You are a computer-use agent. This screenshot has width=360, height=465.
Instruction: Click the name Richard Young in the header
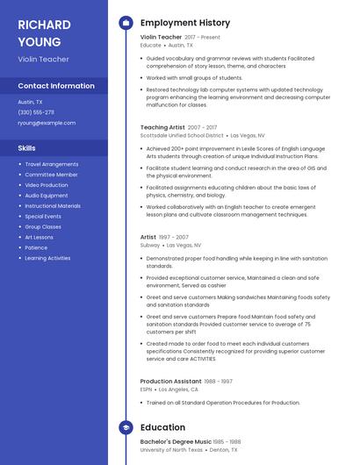pyautogui.click(x=40, y=32)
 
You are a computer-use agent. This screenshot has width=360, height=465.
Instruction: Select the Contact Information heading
pyautogui.click(x=56, y=86)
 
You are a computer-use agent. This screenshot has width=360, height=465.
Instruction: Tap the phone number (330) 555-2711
pyautogui.click(x=36, y=112)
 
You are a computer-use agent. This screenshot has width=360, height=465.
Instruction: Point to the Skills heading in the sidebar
pyautogui.click(x=27, y=148)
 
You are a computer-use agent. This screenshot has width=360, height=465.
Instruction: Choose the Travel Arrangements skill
pyautogui.click(x=51, y=164)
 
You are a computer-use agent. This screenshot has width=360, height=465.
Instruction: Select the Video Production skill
pyautogui.click(x=46, y=185)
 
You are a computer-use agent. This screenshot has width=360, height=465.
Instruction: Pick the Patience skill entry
pyautogui.click(x=36, y=247)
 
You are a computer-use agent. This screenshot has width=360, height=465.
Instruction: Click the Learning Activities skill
pyautogui.click(x=47, y=258)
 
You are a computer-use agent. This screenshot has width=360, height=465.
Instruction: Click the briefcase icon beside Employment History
pyautogui.click(x=126, y=22)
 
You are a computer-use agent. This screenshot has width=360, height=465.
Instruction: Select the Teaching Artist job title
pyautogui.click(x=162, y=127)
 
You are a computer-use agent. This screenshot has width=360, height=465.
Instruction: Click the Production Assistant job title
pyautogui.click(x=171, y=381)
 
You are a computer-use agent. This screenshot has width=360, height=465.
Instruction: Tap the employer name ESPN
pyautogui.click(x=147, y=390)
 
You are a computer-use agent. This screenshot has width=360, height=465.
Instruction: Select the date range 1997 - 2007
pyautogui.click(x=173, y=237)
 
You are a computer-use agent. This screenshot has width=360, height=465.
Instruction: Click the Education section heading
pyautogui.click(x=162, y=427)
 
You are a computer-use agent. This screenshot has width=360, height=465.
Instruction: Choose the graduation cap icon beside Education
pyautogui.click(x=126, y=427)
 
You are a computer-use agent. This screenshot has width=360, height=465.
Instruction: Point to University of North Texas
pyautogui.click(x=172, y=450)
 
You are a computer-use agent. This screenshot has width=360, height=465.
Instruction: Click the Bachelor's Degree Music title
pyautogui.click(x=176, y=441)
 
